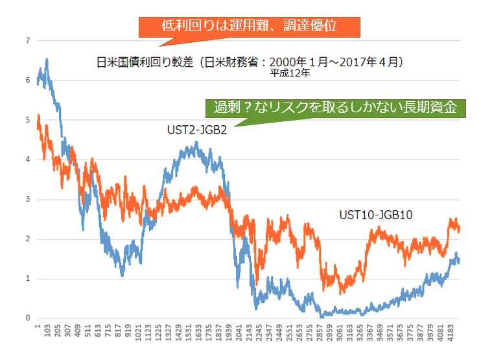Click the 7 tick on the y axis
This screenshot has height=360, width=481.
(27, 41)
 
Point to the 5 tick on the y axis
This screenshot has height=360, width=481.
(27, 120)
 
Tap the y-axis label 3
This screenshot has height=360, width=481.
(27, 200)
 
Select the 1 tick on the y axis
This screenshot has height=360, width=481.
(27, 279)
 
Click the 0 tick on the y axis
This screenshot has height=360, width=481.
(27, 318)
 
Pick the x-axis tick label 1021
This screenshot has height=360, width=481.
(140, 333)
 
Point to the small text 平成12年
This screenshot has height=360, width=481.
(291, 74)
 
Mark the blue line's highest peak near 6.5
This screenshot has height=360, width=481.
(47, 59)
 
